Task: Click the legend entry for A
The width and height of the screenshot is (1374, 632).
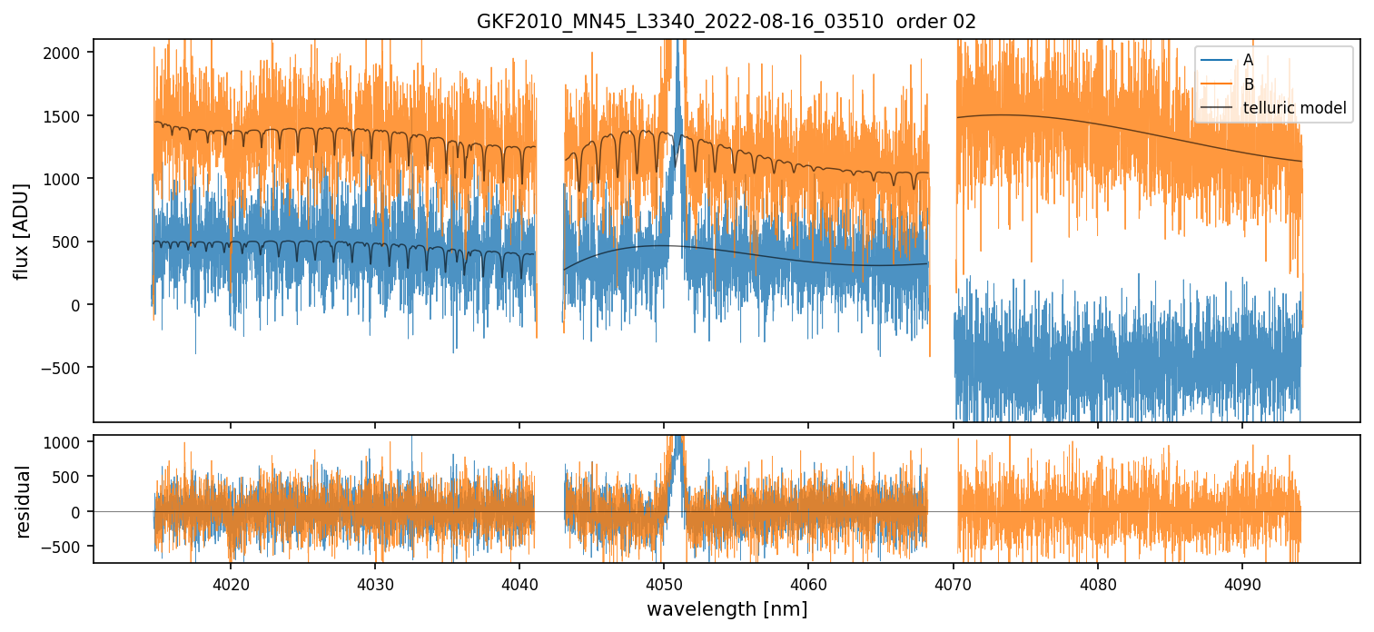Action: (1248, 60)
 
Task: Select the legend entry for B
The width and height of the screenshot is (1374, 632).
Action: (1248, 84)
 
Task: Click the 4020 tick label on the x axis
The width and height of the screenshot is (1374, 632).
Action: (230, 583)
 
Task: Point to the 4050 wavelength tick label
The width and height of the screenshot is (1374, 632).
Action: (664, 583)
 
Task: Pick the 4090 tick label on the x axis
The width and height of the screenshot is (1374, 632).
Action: (1241, 583)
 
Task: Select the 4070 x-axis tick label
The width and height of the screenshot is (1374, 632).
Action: (953, 583)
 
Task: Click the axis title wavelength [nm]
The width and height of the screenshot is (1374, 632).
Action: (727, 608)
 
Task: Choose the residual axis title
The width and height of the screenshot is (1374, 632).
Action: (24, 501)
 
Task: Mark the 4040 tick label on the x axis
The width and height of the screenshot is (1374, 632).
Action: (519, 583)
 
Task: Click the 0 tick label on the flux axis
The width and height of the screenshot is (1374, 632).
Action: (77, 305)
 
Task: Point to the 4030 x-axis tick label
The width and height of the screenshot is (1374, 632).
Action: (374, 583)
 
